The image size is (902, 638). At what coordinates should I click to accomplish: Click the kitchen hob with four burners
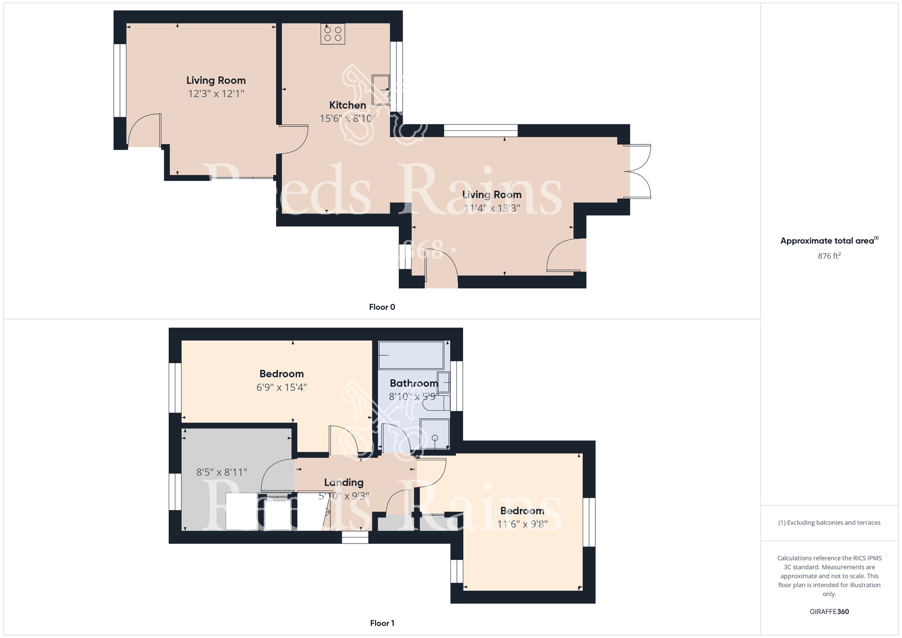pyautogui.click(x=333, y=33)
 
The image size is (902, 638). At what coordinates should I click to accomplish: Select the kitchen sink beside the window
pyautogui.click(x=381, y=89)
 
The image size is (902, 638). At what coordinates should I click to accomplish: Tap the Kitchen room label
pyautogui.click(x=347, y=105)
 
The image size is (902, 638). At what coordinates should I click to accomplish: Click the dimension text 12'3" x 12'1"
pyautogui.click(x=216, y=94)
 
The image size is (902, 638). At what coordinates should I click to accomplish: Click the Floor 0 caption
pyautogui.click(x=382, y=307)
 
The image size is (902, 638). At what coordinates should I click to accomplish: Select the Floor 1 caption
pyautogui.click(x=382, y=623)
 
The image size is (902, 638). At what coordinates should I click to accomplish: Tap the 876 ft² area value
pyautogui.click(x=829, y=256)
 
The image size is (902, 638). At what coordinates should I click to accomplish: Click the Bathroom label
pyautogui.click(x=414, y=383)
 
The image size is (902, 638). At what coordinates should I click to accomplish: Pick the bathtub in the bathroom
pyautogui.click(x=411, y=356)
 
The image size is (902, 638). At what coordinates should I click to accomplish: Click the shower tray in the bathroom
pyautogui.click(x=435, y=434)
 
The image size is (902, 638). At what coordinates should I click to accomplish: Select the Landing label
pyautogui.click(x=344, y=482)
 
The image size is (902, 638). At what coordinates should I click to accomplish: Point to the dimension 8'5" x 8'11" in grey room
pyautogui.click(x=221, y=472)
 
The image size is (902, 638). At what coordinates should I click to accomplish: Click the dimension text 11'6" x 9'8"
pyautogui.click(x=522, y=524)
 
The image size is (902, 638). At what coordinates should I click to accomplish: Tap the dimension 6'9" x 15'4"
pyautogui.click(x=281, y=387)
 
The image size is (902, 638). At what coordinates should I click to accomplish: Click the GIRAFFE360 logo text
pyautogui.click(x=829, y=612)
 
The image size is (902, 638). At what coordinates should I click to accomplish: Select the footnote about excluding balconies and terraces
pyautogui.click(x=829, y=522)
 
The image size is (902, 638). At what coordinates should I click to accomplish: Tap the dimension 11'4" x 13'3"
pyautogui.click(x=492, y=208)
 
